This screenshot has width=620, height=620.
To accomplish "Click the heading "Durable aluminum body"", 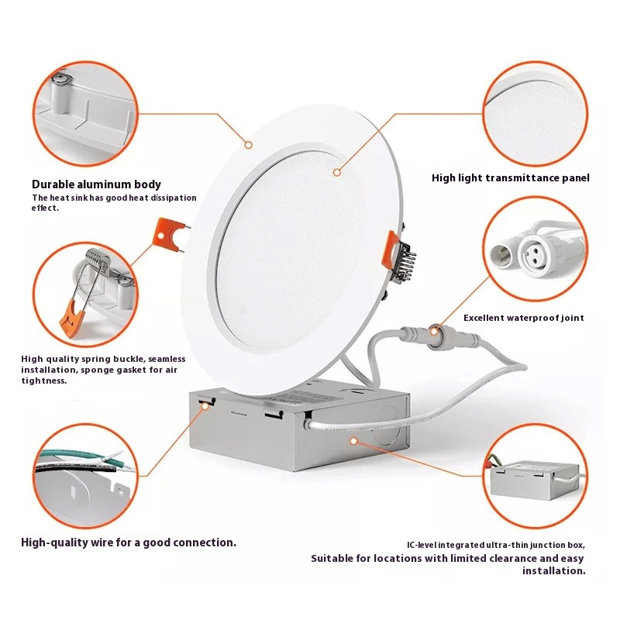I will (96, 184).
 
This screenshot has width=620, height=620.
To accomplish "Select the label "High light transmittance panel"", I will (510, 178).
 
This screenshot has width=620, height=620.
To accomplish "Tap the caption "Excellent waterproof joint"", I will (523, 318).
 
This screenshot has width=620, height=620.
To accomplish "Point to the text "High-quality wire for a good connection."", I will (129, 542).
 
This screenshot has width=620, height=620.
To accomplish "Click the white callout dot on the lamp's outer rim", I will (249, 144).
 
